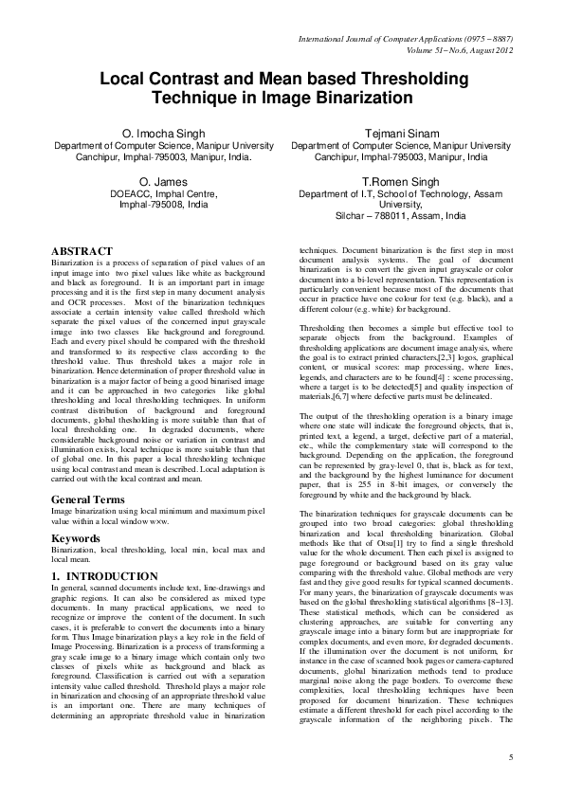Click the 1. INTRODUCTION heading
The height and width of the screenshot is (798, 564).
[x=104, y=575]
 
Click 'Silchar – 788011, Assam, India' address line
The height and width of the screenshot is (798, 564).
[x=401, y=216]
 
